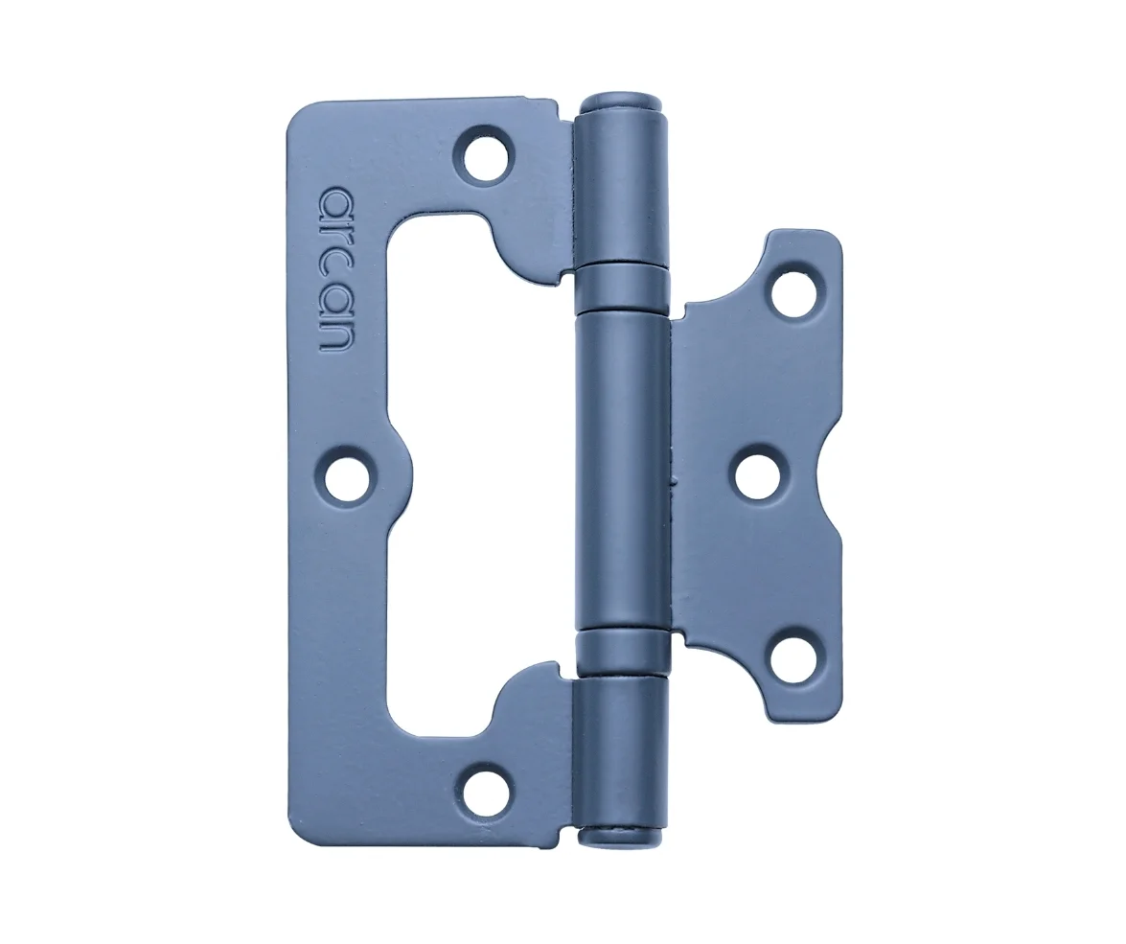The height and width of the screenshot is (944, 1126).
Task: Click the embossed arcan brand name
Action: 335,270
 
